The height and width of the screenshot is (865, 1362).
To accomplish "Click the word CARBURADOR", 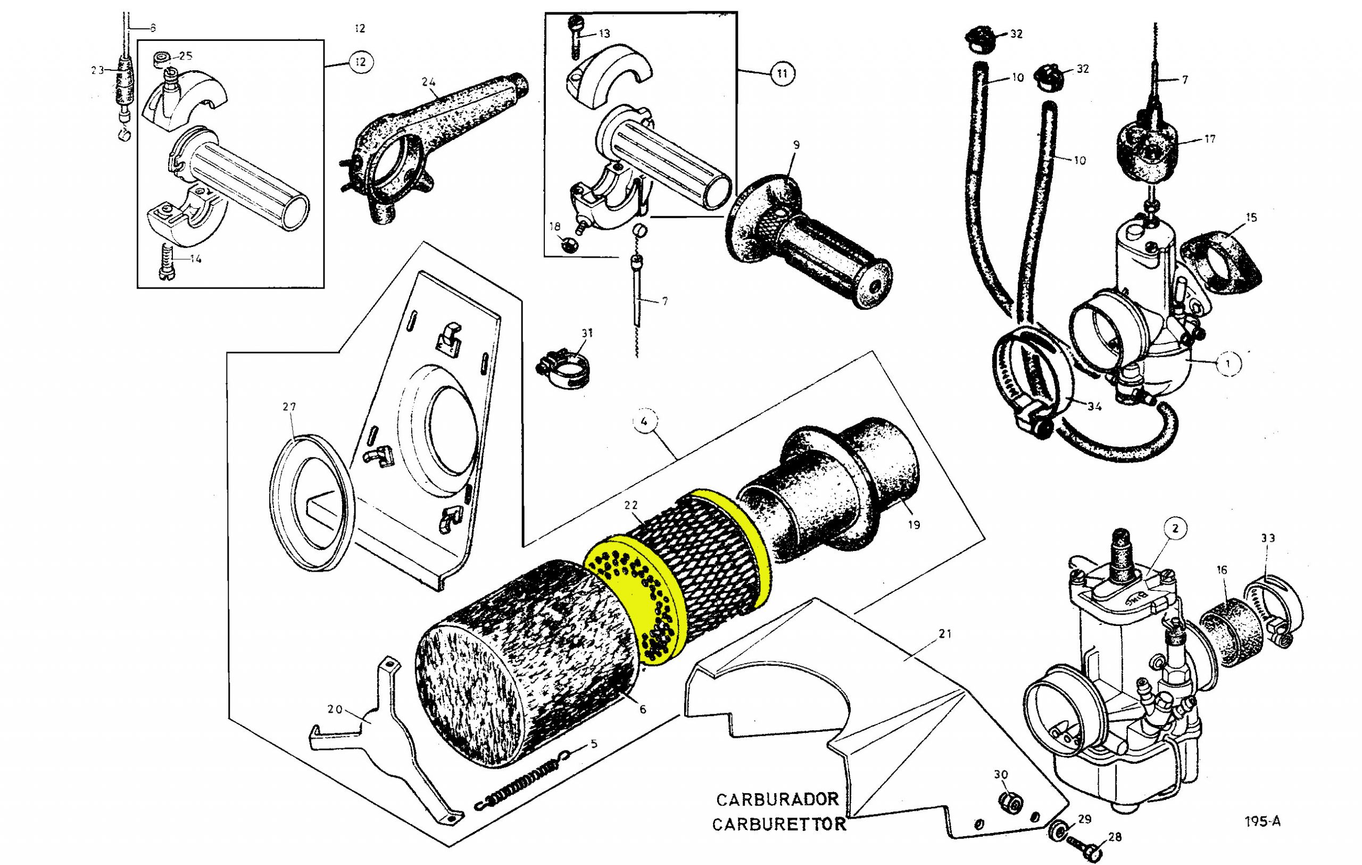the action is [x=777, y=800].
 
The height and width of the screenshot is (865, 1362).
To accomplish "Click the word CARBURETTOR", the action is [x=779, y=824].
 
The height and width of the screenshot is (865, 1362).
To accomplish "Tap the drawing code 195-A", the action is [x=1263, y=821].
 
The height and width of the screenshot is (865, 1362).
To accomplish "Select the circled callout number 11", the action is [x=782, y=73].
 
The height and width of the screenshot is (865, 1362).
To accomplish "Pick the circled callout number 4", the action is [x=644, y=422].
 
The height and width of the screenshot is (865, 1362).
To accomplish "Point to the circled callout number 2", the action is [x=1176, y=529].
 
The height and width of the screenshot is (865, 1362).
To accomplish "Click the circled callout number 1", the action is [x=1227, y=364].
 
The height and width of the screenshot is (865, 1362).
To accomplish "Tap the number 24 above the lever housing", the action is [x=429, y=82].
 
